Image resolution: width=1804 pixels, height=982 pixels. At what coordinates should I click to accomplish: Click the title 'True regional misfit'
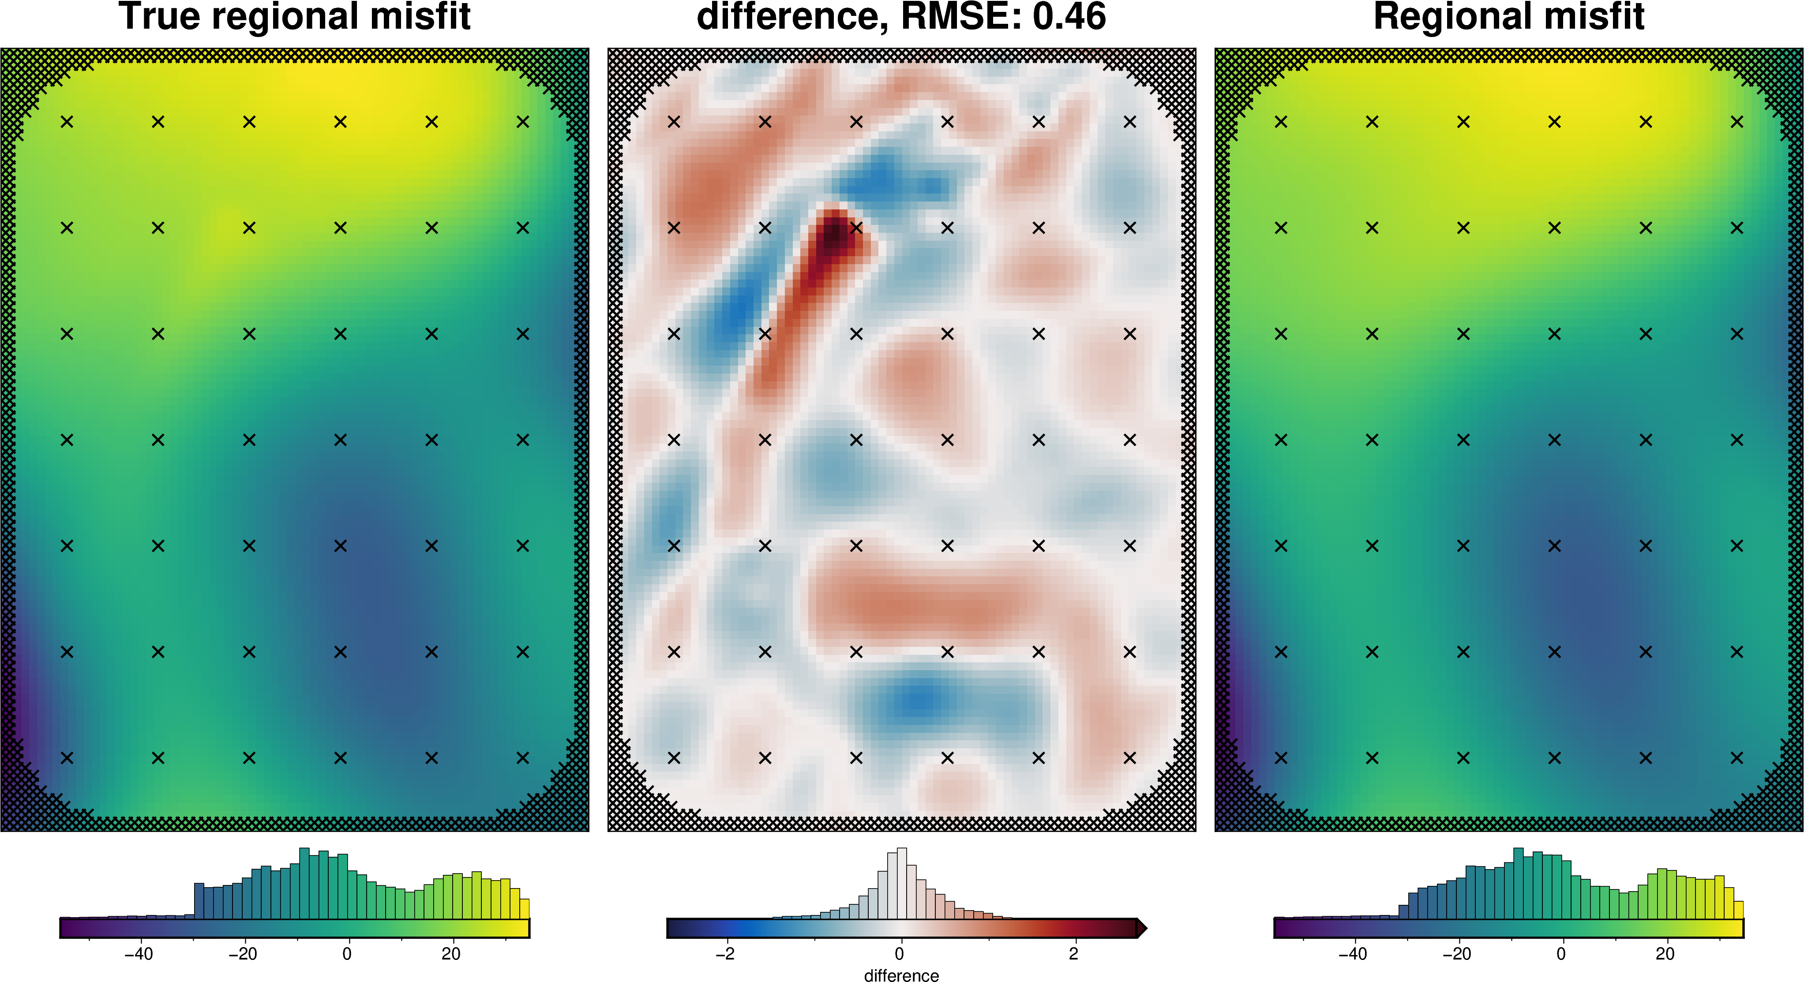294,17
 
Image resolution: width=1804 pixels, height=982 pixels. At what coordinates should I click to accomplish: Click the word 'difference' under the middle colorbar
901,975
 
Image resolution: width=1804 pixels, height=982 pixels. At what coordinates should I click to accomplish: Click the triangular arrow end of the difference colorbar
1141,928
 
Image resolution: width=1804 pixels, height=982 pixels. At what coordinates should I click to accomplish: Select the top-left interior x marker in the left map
67,122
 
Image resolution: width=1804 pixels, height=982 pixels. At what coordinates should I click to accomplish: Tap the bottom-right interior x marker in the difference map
1129,757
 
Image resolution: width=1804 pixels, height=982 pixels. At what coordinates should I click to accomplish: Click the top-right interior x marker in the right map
1737,122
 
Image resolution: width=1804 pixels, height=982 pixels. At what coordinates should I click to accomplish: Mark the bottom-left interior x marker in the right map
1281,757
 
